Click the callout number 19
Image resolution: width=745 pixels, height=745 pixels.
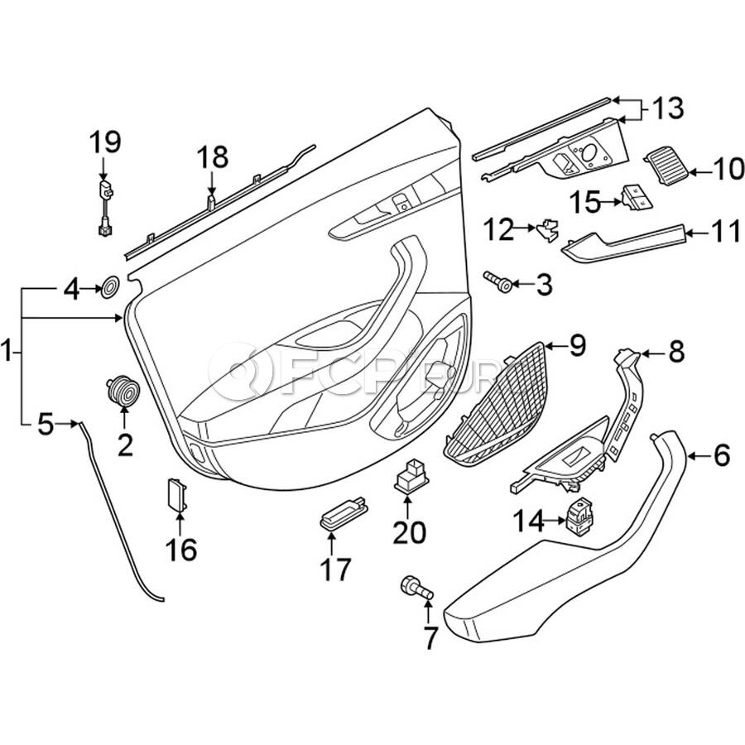105,142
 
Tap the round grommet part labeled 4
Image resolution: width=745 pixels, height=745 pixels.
108,289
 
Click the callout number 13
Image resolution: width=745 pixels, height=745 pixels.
667,108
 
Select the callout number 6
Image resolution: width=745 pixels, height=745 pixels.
721,454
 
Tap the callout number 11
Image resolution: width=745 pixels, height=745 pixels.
726,232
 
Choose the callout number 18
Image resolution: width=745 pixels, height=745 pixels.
211,156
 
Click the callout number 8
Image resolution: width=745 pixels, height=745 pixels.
676,353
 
